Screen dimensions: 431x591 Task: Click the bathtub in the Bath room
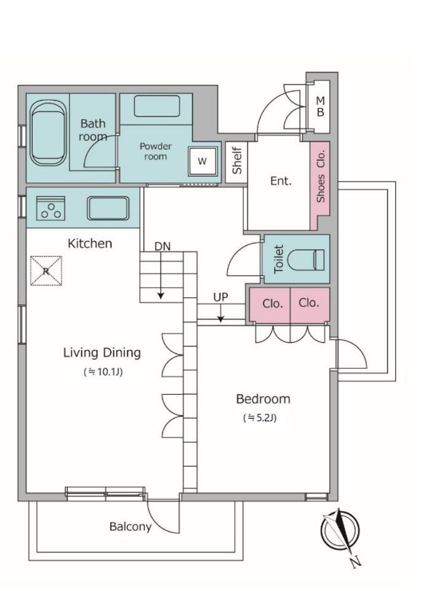(x=48, y=134)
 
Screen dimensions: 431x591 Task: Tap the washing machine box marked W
(x=203, y=161)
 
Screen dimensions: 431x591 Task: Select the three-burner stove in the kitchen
(x=51, y=208)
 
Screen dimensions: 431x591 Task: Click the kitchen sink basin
(x=108, y=208)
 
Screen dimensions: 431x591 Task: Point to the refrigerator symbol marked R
(x=46, y=271)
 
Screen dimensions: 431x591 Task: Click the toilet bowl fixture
(x=306, y=259)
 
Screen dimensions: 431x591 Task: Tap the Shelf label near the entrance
(x=236, y=161)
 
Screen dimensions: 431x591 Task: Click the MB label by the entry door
(x=320, y=107)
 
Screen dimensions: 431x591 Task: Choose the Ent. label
(x=281, y=181)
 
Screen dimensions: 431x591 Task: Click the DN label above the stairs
(x=163, y=246)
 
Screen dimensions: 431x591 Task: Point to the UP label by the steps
(x=220, y=297)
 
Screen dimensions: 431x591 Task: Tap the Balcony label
(x=131, y=526)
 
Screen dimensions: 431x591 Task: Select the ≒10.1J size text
(x=103, y=372)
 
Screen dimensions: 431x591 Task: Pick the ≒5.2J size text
(x=260, y=417)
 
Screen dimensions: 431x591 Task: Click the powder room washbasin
(x=157, y=106)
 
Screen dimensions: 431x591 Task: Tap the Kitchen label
(x=90, y=244)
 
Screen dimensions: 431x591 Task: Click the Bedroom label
(x=263, y=399)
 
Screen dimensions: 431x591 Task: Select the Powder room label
(x=156, y=151)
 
